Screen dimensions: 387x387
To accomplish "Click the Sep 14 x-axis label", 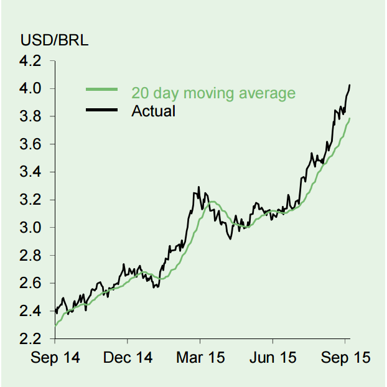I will click(x=55, y=358).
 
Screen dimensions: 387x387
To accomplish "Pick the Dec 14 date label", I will click(x=128, y=358).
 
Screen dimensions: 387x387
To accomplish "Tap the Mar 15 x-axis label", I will click(x=200, y=358).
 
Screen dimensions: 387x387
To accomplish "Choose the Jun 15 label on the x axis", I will click(x=272, y=358).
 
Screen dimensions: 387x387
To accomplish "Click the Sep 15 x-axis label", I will click(x=345, y=358).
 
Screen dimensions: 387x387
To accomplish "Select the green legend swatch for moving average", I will click(x=102, y=91).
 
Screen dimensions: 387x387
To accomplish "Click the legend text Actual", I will click(x=153, y=111).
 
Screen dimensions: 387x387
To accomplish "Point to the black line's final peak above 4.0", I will click(x=350, y=85).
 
